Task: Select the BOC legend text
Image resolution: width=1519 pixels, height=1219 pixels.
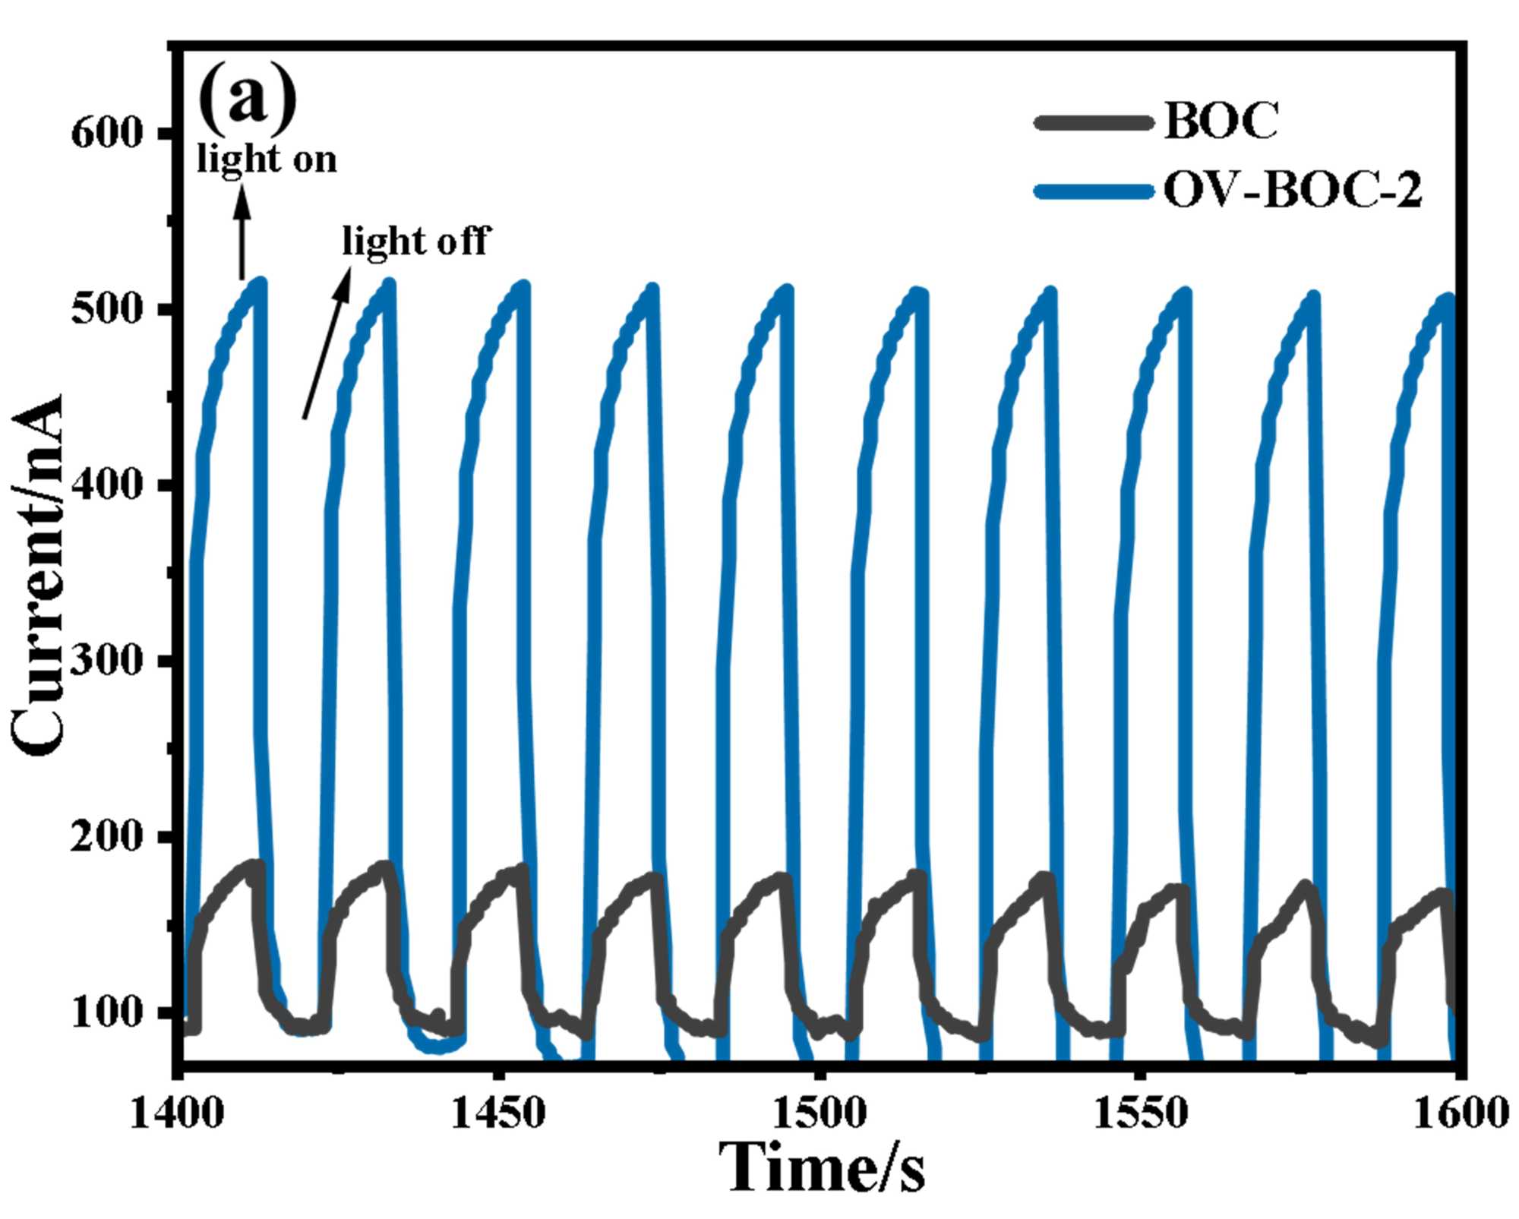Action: (x=1221, y=121)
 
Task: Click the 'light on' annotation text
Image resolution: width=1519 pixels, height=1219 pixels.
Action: (x=266, y=160)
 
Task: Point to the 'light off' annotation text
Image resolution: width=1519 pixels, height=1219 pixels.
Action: (x=415, y=242)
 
